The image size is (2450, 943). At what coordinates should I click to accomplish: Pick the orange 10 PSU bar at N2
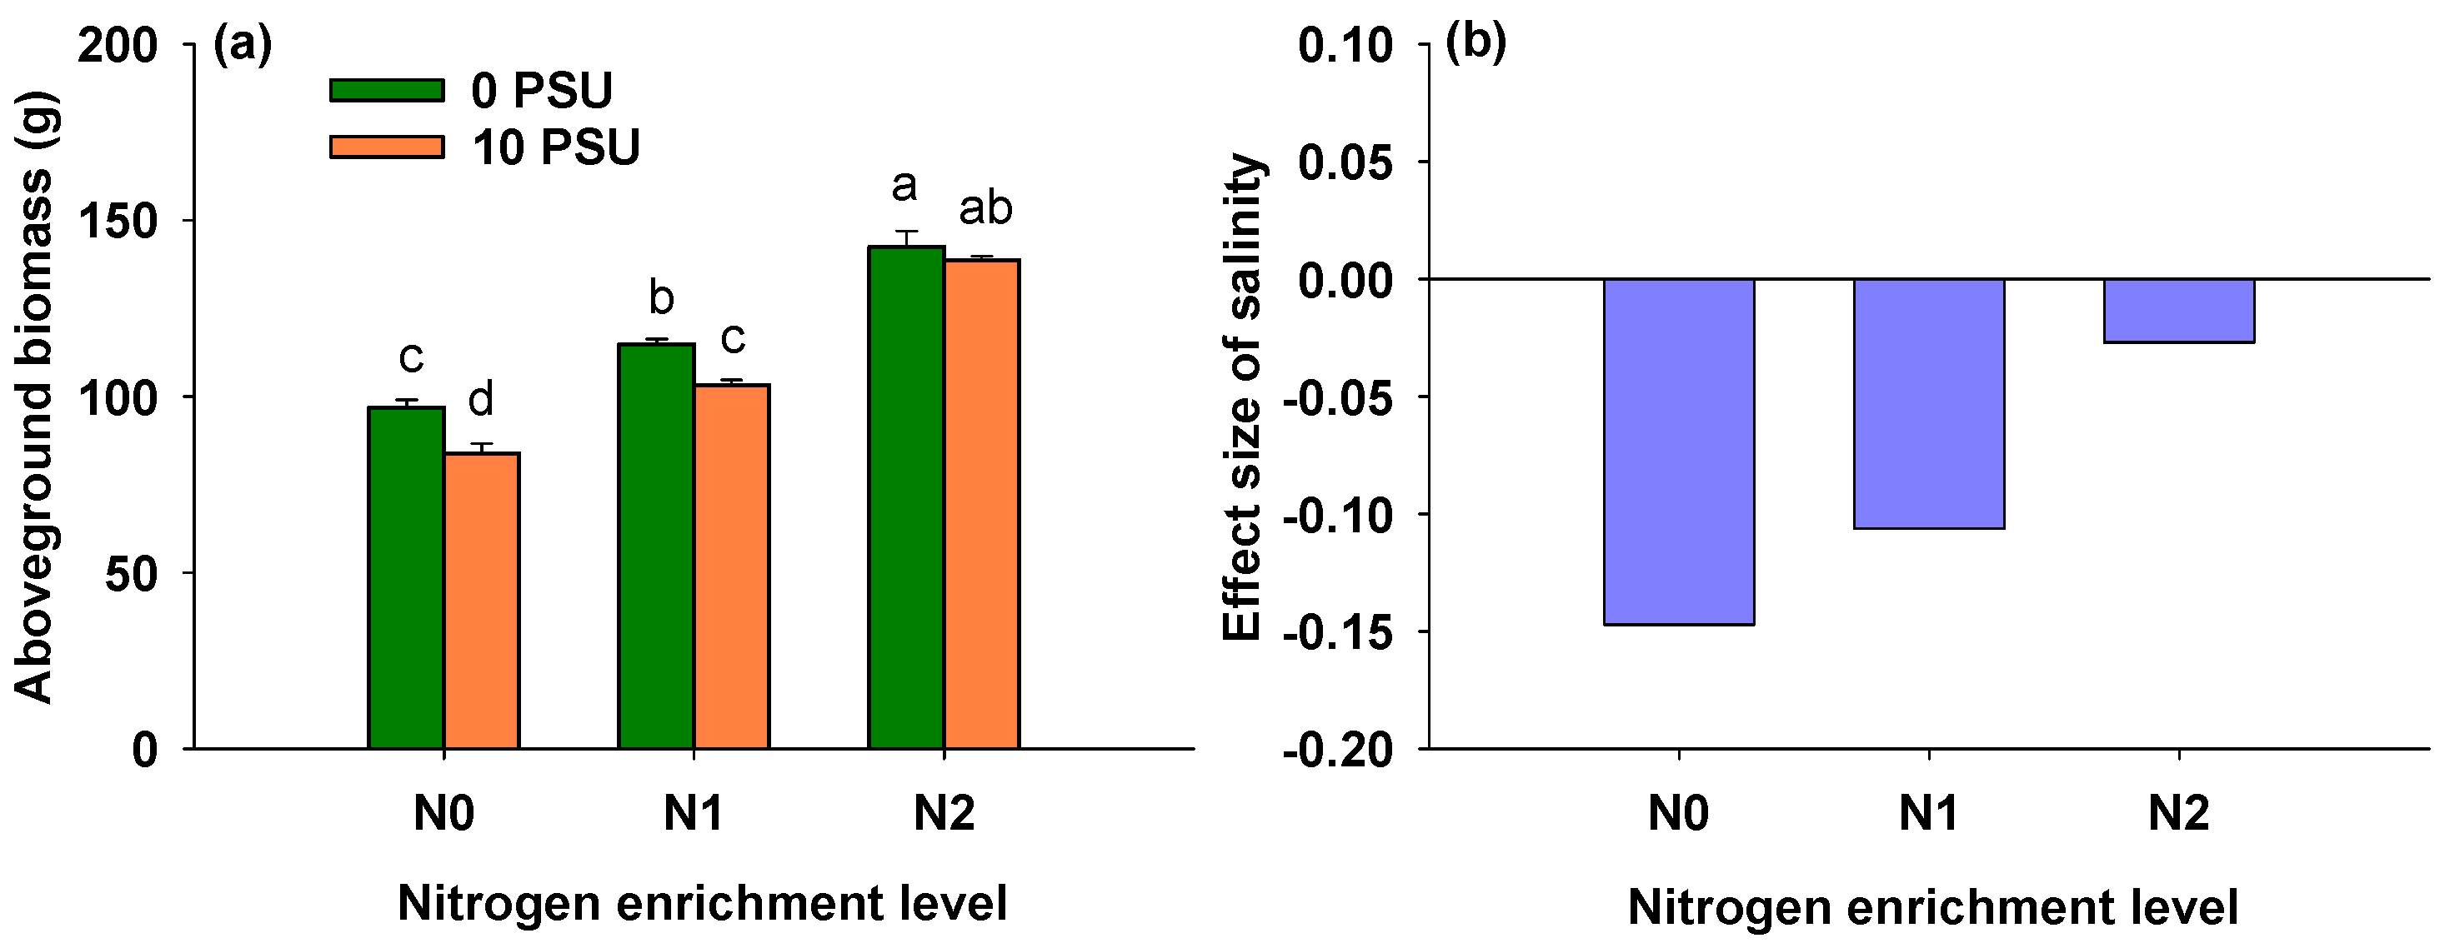[x=981, y=504]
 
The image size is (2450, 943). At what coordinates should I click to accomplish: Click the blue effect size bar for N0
[x=1679, y=452]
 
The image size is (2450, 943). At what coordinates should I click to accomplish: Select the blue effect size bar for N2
[x=2179, y=311]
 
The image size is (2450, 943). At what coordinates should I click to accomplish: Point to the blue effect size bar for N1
[x=1929, y=403]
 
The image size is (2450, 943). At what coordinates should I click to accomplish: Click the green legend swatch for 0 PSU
[x=387, y=90]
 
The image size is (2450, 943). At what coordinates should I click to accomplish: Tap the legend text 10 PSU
[x=556, y=147]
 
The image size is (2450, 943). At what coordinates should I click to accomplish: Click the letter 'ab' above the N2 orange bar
[x=985, y=208]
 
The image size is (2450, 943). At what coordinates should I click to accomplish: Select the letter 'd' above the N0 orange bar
[x=481, y=399]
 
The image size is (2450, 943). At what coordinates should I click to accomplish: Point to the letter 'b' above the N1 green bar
[x=661, y=298]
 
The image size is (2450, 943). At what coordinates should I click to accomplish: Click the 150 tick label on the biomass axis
[x=117, y=222]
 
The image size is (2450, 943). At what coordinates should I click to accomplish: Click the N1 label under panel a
[x=693, y=814]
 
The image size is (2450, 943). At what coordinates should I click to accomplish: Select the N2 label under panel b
[x=2178, y=814]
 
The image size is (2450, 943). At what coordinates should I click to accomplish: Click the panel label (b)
[x=1476, y=43]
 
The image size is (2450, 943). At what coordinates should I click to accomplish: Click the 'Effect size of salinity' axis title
[x=1242, y=397]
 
